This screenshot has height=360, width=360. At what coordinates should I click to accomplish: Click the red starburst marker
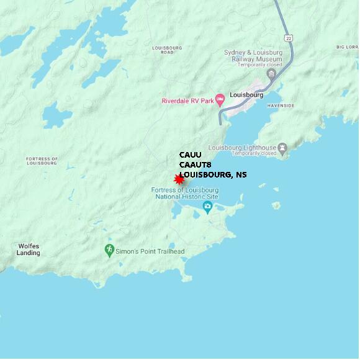[x=179, y=179]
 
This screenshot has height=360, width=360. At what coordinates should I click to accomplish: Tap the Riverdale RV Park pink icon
[x=219, y=101]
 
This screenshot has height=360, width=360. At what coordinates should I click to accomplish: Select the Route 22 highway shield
[x=289, y=38]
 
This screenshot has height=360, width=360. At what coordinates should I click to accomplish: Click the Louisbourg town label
[x=246, y=95]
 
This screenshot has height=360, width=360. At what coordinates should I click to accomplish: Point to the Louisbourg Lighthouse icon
[x=283, y=147]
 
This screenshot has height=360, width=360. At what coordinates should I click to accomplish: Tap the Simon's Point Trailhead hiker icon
[x=109, y=250]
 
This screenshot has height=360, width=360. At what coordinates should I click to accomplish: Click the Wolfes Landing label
[x=29, y=250]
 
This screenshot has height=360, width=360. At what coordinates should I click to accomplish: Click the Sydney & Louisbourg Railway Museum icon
[x=271, y=74]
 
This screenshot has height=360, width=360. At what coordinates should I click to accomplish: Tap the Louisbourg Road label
[x=167, y=50]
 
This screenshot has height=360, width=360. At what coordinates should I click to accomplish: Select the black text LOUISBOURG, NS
[x=213, y=175]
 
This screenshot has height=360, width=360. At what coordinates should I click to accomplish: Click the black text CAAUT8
[x=196, y=165]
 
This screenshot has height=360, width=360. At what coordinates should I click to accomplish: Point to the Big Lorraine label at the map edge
[x=348, y=47]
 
